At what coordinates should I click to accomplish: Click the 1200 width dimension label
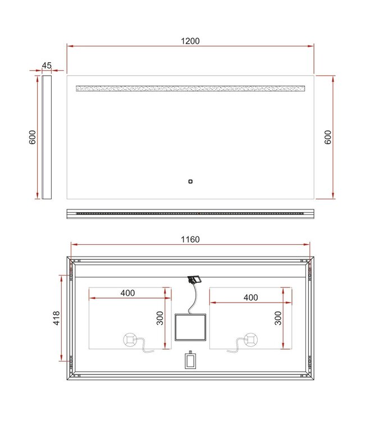[190, 41]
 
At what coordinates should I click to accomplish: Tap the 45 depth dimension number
[47, 66]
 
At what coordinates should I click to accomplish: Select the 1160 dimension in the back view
[190, 240]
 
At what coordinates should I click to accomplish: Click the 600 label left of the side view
[33, 137]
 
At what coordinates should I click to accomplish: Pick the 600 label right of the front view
[328, 137]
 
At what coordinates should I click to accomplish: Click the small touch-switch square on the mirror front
[190, 181]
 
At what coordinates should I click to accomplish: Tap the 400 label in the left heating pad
[127, 293]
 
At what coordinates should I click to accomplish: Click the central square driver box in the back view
[190, 327]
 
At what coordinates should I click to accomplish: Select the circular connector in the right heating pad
[251, 339]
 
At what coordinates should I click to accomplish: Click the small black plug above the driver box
[195, 279]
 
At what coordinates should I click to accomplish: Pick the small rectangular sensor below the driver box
[190, 360]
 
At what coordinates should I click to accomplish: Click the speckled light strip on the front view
[190, 89]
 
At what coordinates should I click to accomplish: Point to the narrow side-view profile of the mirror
[47, 137]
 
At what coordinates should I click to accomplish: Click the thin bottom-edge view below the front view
[190, 213]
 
